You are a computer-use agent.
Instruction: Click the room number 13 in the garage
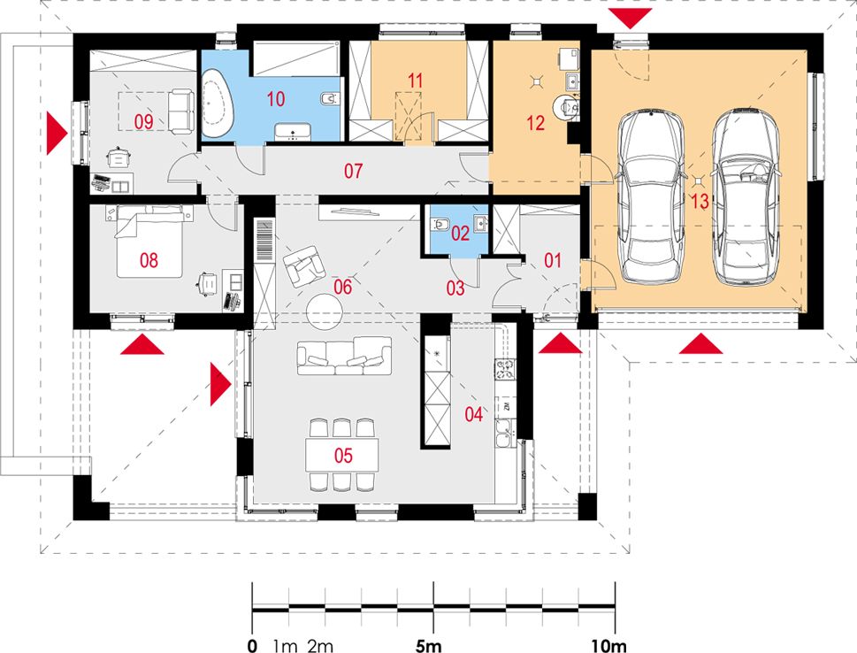click(x=700, y=201)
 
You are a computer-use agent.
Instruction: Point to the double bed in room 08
click(x=149, y=242)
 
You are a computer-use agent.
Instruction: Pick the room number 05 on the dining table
click(x=343, y=455)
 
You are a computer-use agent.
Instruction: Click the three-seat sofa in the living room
click(x=344, y=356)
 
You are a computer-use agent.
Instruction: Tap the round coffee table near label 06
click(x=324, y=311)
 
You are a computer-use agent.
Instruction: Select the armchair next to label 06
click(x=302, y=265)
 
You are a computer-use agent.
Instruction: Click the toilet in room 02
click(x=440, y=224)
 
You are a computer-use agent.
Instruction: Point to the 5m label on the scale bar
click(x=428, y=646)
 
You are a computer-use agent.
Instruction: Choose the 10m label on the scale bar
click(x=608, y=646)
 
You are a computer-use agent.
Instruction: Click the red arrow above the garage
click(x=631, y=18)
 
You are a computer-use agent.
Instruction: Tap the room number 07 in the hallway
click(x=353, y=171)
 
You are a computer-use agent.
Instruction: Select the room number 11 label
click(x=416, y=81)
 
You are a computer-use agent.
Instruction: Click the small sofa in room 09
click(x=181, y=111)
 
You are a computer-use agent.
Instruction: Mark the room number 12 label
click(x=536, y=123)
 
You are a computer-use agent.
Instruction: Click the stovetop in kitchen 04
click(x=505, y=369)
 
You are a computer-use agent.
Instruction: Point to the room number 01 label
click(x=553, y=260)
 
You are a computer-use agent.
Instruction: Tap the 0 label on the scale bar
click(x=252, y=646)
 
